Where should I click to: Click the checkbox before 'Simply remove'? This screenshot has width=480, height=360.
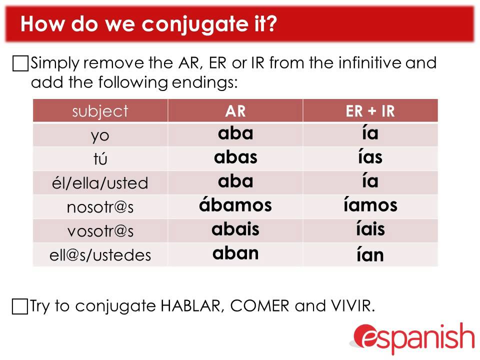(x=20, y=63)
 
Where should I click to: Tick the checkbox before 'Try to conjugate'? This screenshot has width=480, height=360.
(x=20, y=306)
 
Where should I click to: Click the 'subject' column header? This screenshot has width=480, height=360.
(x=100, y=111)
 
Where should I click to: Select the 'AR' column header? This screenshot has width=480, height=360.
(x=235, y=111)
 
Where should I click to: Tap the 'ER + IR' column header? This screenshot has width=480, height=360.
(x=370, y=111)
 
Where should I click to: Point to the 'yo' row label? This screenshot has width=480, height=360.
(x=100, y=135)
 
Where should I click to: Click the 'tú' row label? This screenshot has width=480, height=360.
(x=100, y=158)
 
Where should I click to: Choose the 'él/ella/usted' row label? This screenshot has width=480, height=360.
(x=100, y=183)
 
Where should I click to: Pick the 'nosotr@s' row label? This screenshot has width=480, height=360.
(x=100, y=207)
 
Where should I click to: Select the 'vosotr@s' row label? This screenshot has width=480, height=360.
(x=100, y=231)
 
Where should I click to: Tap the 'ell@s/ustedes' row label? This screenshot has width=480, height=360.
(x=100, y=255)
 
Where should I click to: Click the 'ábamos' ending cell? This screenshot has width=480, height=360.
(x=235, y=204)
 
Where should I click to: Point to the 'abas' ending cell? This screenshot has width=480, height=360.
(x=235, y=157)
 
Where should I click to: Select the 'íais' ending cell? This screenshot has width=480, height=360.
(x=370, y=229)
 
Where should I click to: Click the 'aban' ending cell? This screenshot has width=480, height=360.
(x=235, y=253)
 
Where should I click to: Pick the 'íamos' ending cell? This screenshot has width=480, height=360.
(x=370, y=204)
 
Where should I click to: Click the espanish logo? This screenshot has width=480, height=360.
(x=413, y=338)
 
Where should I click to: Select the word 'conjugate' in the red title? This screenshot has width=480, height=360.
(x=194, y=24)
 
